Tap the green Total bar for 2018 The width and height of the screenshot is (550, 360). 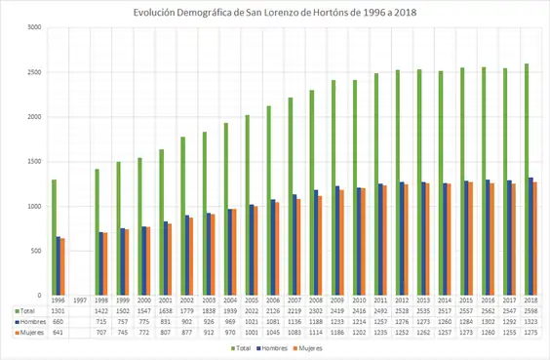point(526,180)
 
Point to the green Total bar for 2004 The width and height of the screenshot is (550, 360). point(225,209)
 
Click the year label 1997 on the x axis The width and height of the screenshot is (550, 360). point(81,300)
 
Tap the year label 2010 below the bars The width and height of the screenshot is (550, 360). point(360,300)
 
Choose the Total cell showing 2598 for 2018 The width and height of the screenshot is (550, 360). point(531,310)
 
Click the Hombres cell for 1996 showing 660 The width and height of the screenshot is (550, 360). point(59,321)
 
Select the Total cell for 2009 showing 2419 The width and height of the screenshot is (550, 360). point(338,310)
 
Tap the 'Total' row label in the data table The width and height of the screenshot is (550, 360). point(27,310)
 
